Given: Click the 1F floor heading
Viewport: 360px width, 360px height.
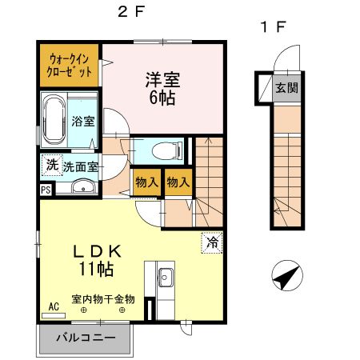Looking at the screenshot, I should point(271,26).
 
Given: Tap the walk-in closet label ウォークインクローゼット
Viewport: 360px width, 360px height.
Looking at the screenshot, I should point(69,64).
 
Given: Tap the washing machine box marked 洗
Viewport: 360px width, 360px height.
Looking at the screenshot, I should point(50,165).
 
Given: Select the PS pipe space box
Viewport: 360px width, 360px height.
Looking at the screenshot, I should point(45,190).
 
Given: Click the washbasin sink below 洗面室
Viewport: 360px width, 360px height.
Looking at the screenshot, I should point(82,188).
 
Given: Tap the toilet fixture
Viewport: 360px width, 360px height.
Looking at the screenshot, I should point(165,149).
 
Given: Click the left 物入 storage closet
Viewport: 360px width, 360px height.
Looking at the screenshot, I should point(147,182).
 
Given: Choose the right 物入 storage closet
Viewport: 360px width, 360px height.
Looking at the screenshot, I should point(178,182).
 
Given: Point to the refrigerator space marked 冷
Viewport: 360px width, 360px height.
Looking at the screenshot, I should point(210,240).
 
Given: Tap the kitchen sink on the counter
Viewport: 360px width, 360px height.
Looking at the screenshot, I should point(167,278).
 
